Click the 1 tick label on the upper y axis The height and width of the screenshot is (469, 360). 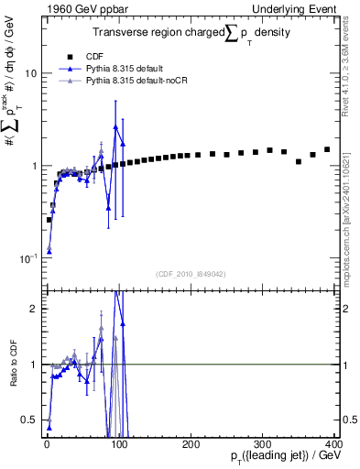click(x=32, y=166)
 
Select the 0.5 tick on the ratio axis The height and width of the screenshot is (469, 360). click(x=28, y=420)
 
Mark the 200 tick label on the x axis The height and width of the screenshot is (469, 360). click(x=191, y=444)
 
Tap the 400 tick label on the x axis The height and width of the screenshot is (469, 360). click(x=333, y=444)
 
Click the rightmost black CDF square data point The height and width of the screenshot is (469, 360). click(x=327, y=149)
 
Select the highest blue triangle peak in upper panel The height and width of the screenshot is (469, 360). click(x=115, y=126)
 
